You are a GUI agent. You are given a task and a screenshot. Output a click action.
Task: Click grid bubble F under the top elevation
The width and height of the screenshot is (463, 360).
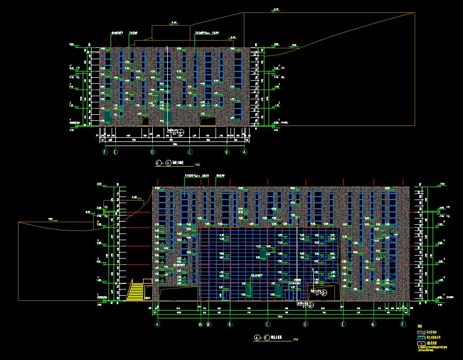click(105, 152)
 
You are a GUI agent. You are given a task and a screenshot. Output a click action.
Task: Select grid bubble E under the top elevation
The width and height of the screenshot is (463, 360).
click(115, 152)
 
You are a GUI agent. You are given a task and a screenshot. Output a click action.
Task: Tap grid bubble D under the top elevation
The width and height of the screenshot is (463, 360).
click(152, 152)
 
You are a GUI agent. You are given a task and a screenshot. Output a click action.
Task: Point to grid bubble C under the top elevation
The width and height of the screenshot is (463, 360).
click(190, 152)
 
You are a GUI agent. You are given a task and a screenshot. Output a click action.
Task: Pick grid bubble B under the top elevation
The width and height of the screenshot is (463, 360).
click(227, 152)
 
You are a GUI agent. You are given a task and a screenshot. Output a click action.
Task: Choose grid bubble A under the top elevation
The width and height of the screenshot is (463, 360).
click(244, 152)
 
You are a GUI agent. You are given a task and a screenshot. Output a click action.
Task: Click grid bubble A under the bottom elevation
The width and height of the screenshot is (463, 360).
click(158, 325)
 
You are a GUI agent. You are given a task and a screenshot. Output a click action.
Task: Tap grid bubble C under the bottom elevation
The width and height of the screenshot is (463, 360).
click(268, 325)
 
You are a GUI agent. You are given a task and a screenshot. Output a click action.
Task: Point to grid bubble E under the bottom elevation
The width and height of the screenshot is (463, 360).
click(343, 325)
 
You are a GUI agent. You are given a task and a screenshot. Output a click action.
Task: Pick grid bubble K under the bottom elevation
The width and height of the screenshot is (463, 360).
click(373, 325)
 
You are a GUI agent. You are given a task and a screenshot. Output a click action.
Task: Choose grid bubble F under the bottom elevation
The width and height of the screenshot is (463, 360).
click(402, 325)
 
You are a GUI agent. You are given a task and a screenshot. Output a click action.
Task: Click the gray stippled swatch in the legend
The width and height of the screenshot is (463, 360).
click(421, 332)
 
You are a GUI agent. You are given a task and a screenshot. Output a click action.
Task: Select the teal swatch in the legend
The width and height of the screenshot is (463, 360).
click(421, 337)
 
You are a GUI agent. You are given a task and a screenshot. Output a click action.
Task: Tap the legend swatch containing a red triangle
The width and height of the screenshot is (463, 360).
click(421, 343)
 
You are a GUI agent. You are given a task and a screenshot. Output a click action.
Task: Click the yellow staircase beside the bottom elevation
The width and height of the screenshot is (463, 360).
click(136, 292)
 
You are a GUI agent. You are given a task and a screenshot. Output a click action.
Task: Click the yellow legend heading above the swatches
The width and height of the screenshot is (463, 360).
click(419, 327)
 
